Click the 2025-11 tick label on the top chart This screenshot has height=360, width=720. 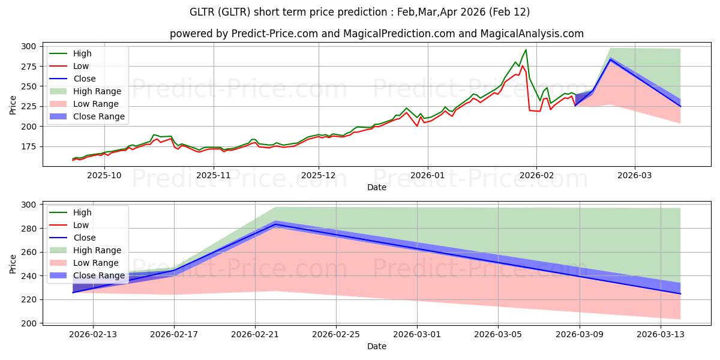tap(214, 175)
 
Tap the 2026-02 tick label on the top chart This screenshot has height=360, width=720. tap(536, 175)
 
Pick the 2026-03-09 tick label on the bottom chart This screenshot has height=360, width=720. tap(580, 334)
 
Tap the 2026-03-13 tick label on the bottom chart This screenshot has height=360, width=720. tap(661, 334)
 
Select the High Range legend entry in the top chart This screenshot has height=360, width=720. tap(98, 91)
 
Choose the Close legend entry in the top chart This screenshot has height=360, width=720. tap(83, 79)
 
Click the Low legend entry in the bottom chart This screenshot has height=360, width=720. tap(80, 225)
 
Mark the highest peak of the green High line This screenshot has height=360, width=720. tap(526, 50)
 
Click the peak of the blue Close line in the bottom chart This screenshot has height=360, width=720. tap(275, 224)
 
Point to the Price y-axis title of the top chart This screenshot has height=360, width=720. tap(13, 105)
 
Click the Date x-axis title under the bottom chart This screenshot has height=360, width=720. tap(376, 346)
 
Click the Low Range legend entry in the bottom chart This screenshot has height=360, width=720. tap(97, 263)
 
